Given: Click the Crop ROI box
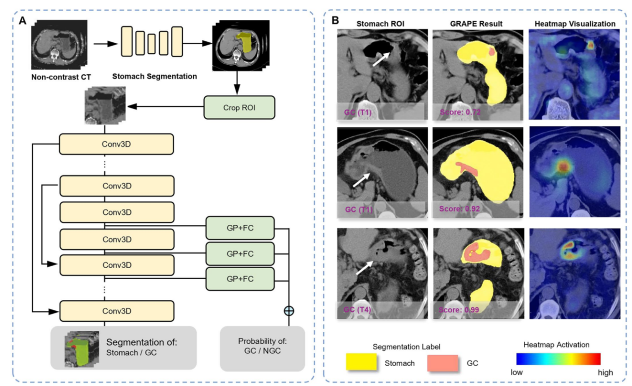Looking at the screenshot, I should click(240, 107).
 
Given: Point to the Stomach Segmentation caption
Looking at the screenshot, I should click(154, 77).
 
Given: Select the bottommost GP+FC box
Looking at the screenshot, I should click(240, 279).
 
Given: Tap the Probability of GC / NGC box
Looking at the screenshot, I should click(262, 348).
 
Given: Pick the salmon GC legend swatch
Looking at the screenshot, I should click(443, 363).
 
